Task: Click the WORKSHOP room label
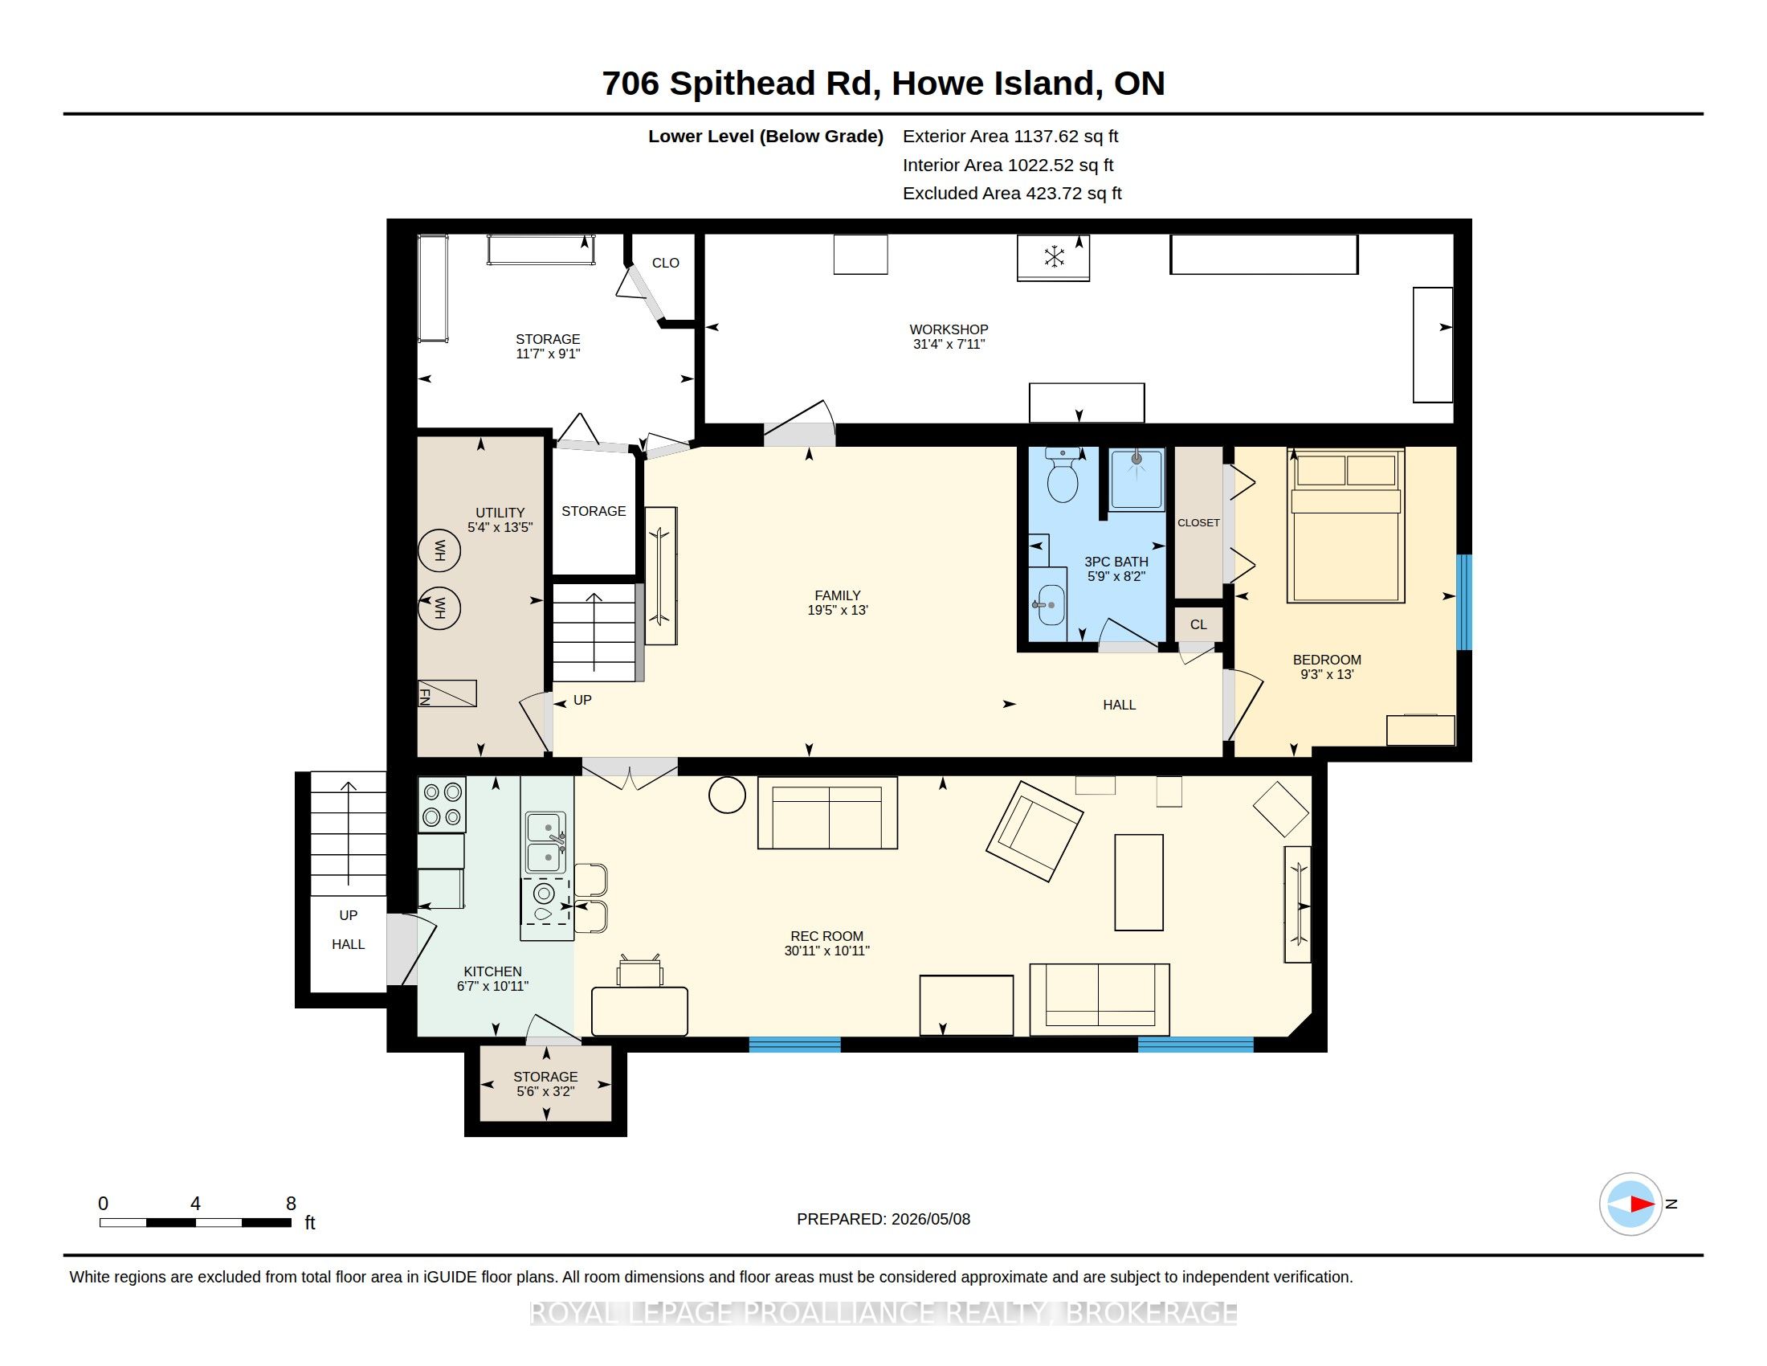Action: (949, 329)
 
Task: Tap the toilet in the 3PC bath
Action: (1062, 475)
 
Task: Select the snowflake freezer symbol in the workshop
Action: (1054, 257)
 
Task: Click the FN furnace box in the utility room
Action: (447, 693)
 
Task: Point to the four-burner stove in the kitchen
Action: (442, 804)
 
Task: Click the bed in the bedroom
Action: (1345, 526)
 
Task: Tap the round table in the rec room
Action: (727, 795)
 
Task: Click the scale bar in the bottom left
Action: (195, 1223)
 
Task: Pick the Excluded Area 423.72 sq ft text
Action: (1012, 194)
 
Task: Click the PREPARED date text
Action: (883, 1219)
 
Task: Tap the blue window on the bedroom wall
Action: (1463, 602)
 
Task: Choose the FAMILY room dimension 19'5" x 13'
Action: (838, 610)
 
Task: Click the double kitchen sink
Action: (546, 843)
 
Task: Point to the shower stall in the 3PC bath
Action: (1137, 480)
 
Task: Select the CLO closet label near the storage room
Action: (666, 263)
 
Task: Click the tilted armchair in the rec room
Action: (1034, 831)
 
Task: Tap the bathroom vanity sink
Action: (1051, 605)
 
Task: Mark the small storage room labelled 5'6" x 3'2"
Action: (545, 1084)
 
